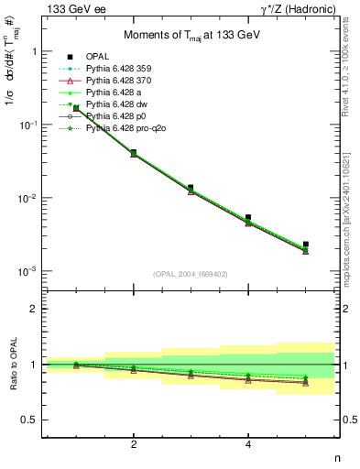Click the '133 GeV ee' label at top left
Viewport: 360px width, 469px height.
tap(69, 8)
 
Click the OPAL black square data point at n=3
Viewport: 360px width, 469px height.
tap(191, 188)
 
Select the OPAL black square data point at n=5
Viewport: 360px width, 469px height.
tap(306, 245)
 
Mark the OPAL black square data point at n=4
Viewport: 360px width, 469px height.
tap(248, 218)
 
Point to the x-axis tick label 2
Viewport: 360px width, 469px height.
tap(134, 444)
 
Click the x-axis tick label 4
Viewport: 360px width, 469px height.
tap(248, 444)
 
